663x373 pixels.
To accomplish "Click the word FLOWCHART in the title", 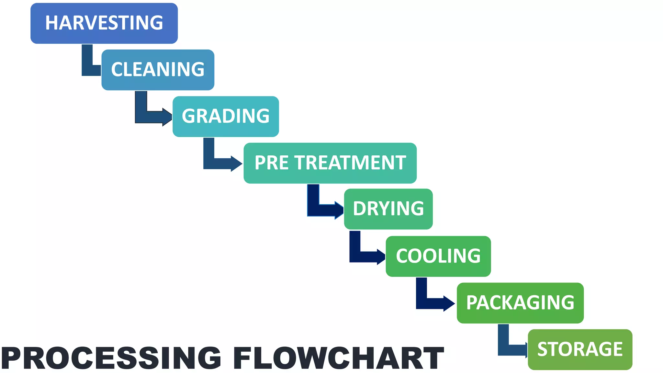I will tap(338, 358).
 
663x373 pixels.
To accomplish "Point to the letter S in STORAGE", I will tap(543, 349).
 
